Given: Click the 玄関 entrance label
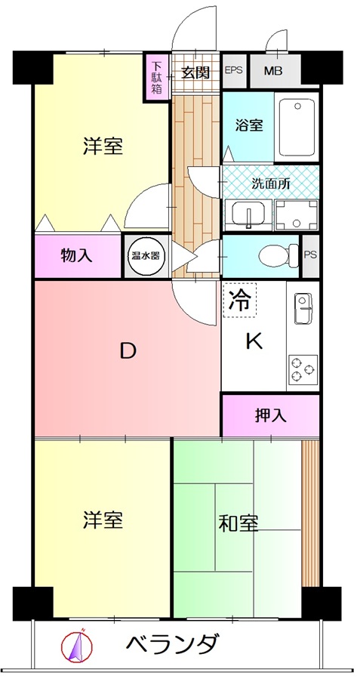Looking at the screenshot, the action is click(195, 72).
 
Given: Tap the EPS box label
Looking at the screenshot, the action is click(234, 70).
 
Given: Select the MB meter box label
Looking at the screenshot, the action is click(272, 70).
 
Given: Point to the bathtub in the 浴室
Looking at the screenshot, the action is click(297, 127).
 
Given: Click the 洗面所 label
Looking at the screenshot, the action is click(270, 184).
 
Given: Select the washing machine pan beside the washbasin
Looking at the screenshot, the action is click(297, 215).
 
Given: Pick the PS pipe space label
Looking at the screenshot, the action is click(310, 255).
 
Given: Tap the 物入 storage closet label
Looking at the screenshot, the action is click(76, 256).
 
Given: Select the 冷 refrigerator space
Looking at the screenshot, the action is click(239, 300).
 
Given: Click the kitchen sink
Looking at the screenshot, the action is click(303, 308).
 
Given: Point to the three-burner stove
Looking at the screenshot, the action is click(303, 369).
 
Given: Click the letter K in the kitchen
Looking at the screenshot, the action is click(254, 341).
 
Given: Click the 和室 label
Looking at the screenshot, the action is click(238, 523).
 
